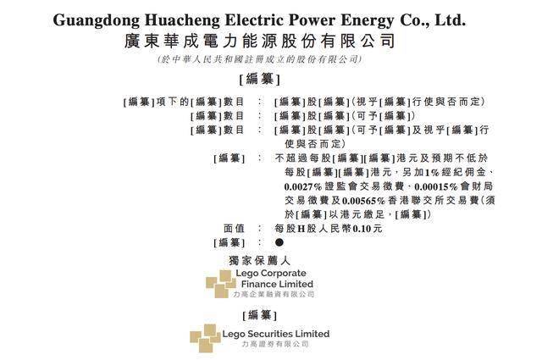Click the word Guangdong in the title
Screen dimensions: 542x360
[96, 20]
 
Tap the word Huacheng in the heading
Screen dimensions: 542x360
[182, 20]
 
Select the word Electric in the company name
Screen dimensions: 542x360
[254, 19]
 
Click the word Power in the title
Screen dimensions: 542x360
[312, 19]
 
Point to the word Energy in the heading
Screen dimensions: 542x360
[368, 20]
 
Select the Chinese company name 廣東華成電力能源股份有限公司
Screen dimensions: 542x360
[259, 42]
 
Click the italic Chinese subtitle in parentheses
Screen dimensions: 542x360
[259, 59]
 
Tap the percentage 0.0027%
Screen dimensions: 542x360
[303, 186]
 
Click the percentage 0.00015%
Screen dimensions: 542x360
[435, 186]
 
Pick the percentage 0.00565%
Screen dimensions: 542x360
[363, 201]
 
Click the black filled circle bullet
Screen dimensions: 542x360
[279, 242]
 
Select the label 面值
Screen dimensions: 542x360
[234, 229]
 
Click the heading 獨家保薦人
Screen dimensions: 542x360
[259, 261]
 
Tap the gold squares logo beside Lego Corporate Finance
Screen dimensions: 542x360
[221, 284]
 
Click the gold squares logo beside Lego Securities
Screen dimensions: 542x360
[205, 338]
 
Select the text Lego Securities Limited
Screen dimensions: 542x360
[276, 334]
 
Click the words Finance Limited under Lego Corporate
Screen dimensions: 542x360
[277, 285]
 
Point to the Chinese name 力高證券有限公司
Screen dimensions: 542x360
[275, 345]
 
